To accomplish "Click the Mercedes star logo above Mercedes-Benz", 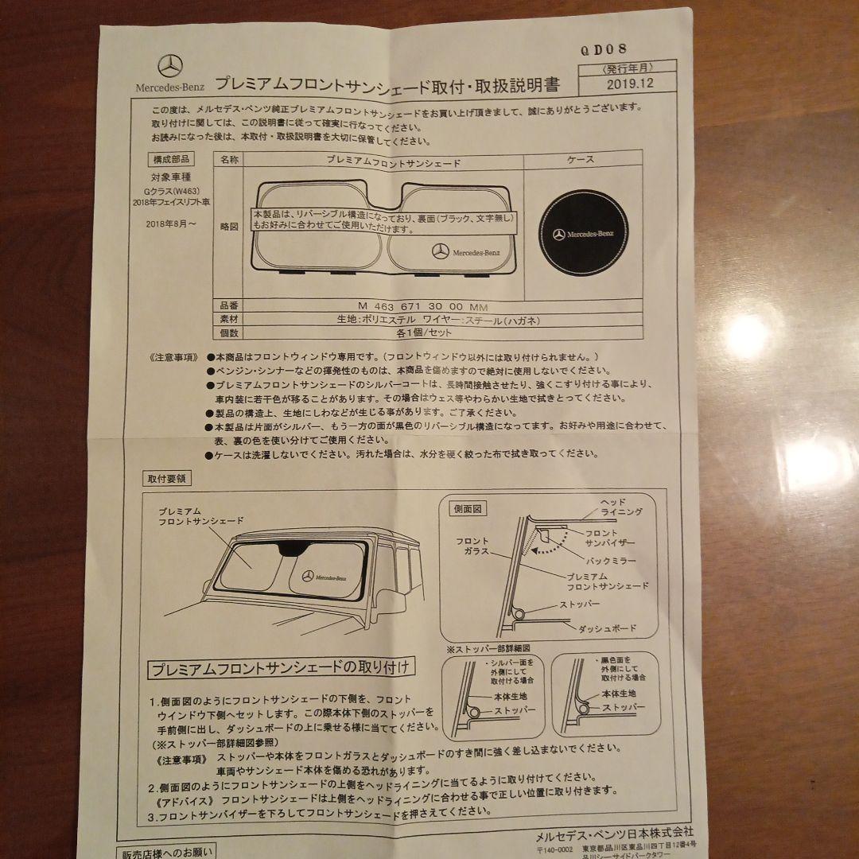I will [170, 67].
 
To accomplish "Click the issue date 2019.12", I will [628, 82].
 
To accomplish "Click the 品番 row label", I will [229, 305].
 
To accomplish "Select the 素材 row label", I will [229, 319].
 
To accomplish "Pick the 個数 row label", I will [229, 333].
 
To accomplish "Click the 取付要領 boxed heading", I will [165, 478].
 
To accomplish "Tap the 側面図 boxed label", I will [469, 508].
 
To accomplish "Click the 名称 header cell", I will [229, 161].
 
